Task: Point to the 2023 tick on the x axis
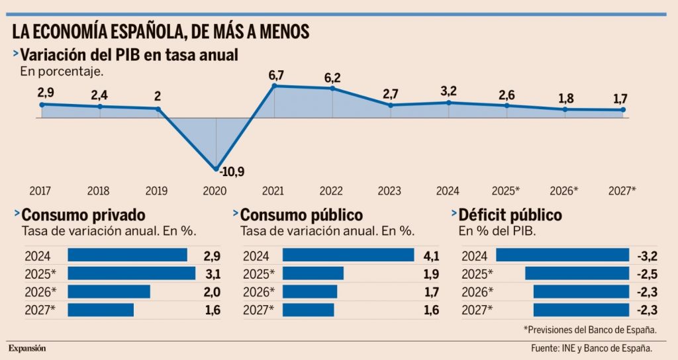coord(391,191)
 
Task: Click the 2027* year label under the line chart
coord(622,191)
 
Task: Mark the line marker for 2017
coord(42,104)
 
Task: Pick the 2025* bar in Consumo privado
coord(132,273)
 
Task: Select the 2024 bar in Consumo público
coord(348,255)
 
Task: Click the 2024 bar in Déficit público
coord(562,255)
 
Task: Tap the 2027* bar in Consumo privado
coord(101,310)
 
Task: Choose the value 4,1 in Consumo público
coord(431,255)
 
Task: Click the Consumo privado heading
coord(83,215)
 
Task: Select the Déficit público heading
coord(510,215)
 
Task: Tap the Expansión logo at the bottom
coord(27,348)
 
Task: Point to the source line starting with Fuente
coord(592,348)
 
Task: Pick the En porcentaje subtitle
coord(62,71)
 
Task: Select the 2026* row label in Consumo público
coord(258,292)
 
